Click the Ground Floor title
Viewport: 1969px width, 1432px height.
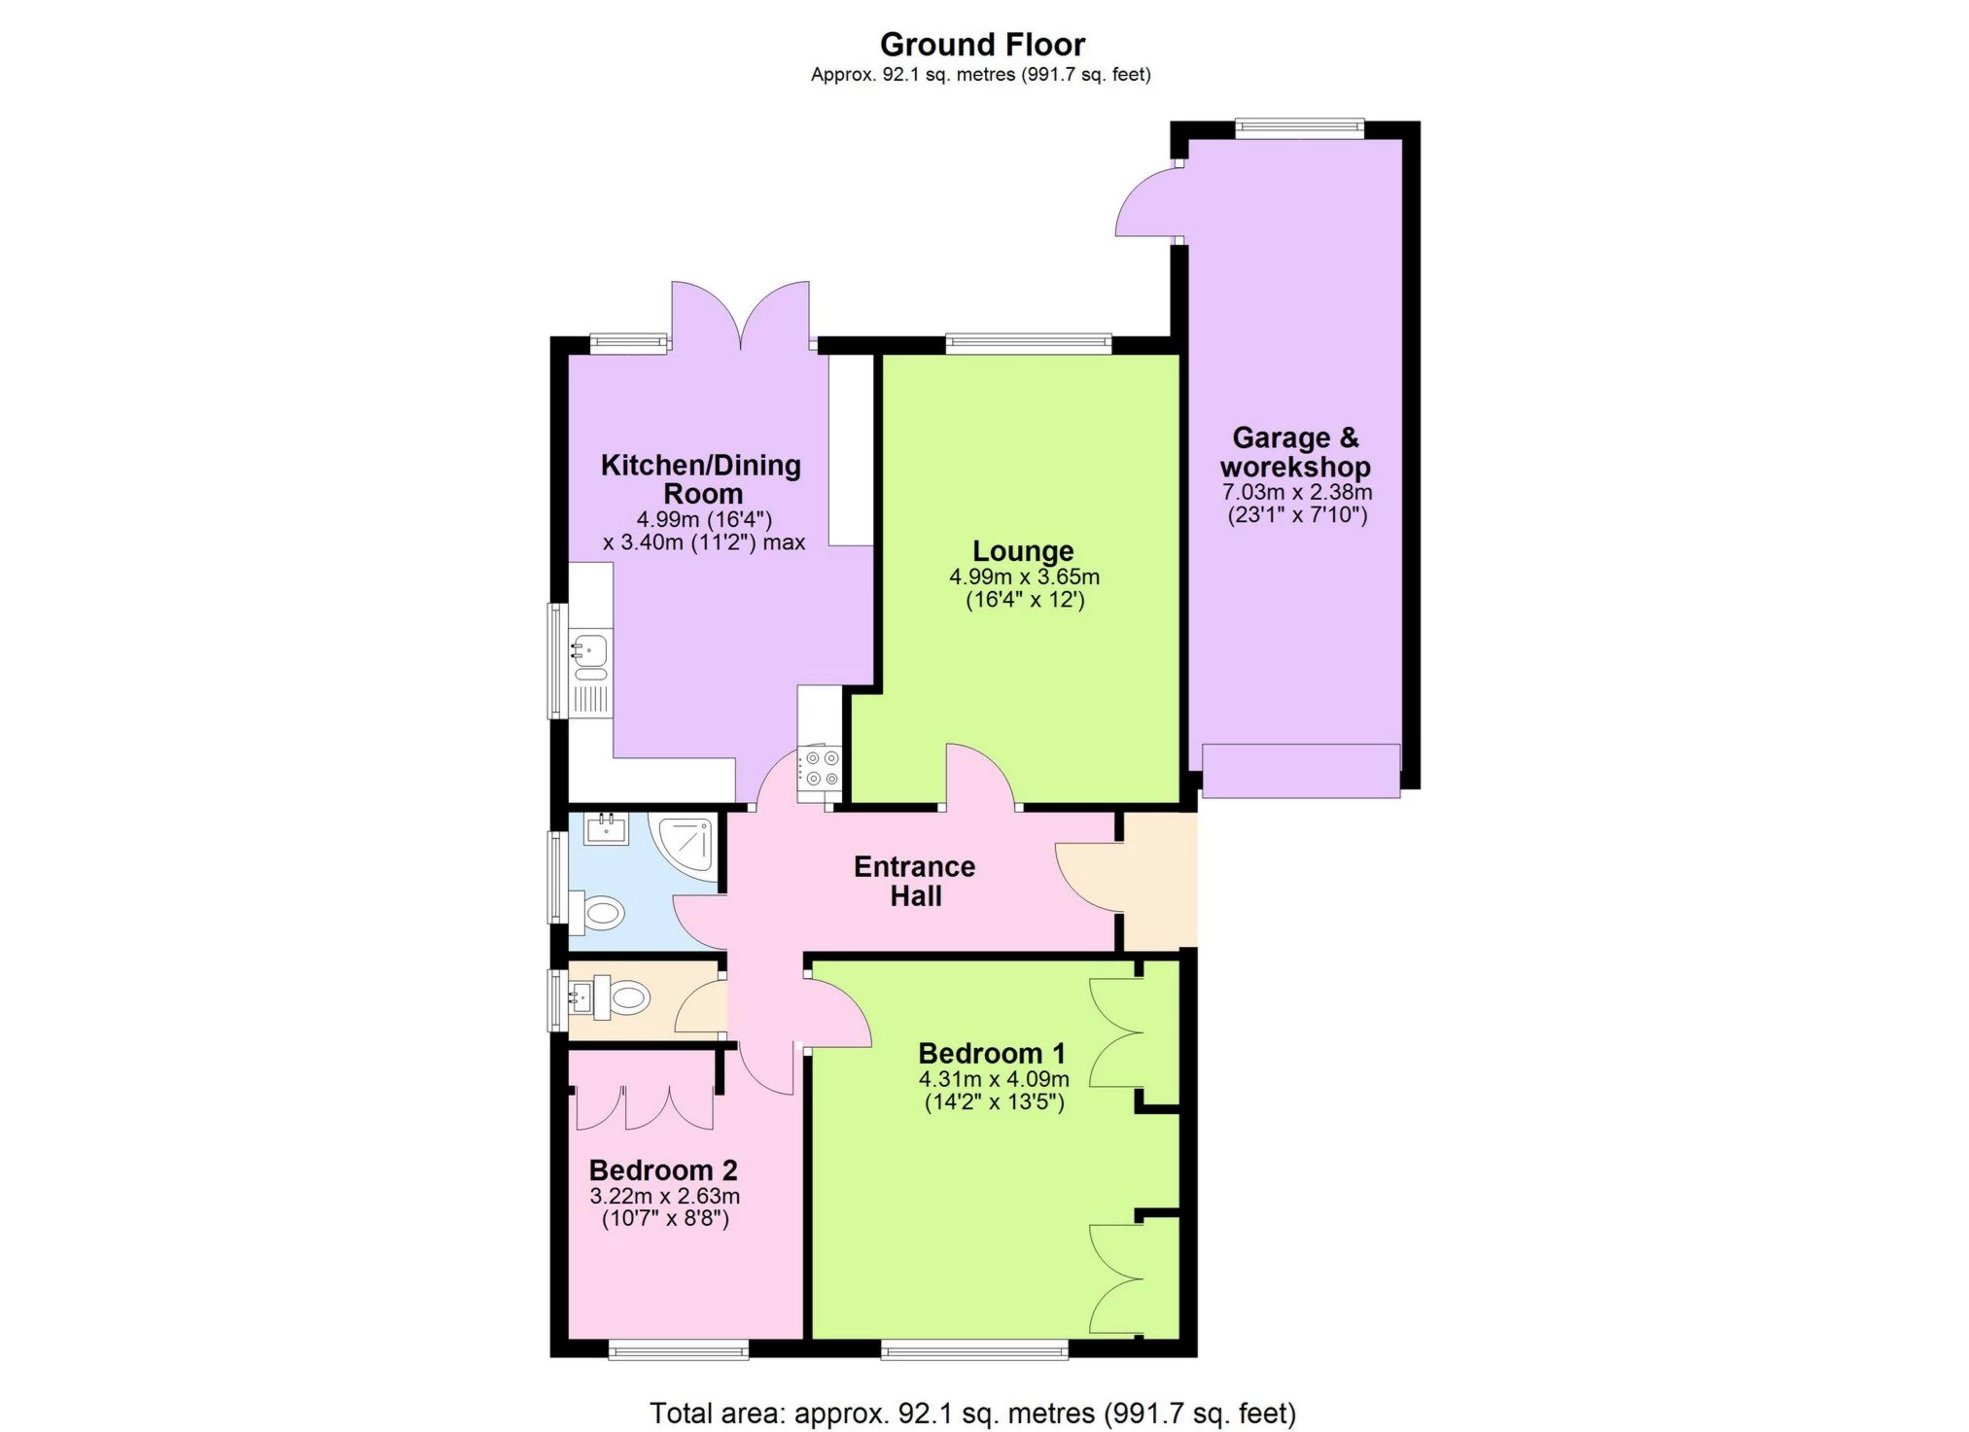point(982,45)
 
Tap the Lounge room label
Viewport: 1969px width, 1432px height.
point(1023,551)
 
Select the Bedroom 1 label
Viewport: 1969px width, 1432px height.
point(992,1053)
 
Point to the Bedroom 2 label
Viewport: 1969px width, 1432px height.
point(663,1170)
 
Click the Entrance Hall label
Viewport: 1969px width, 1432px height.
point(915,881)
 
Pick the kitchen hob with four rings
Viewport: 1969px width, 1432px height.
point(819,768)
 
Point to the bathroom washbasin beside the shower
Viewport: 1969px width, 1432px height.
point(607,828)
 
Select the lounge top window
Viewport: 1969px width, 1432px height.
point(1029,342)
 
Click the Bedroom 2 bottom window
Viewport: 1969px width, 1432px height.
point(679,1349)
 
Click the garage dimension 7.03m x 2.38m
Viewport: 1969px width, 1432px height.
point(1297,492)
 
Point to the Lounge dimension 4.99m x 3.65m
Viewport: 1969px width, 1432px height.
point(1025,576)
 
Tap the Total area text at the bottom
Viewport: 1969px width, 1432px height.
point(972,1413)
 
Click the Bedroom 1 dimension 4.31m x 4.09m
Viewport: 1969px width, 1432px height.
point(994,1079)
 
